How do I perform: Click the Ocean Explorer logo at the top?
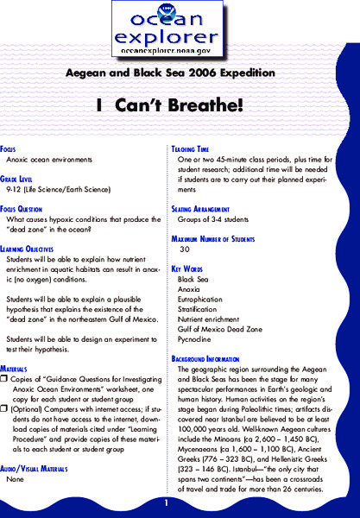point(180,29)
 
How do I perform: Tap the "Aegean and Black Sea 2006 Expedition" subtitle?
point(180,76)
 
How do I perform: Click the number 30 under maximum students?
point(184,249)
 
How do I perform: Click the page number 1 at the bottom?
point(164,502)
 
